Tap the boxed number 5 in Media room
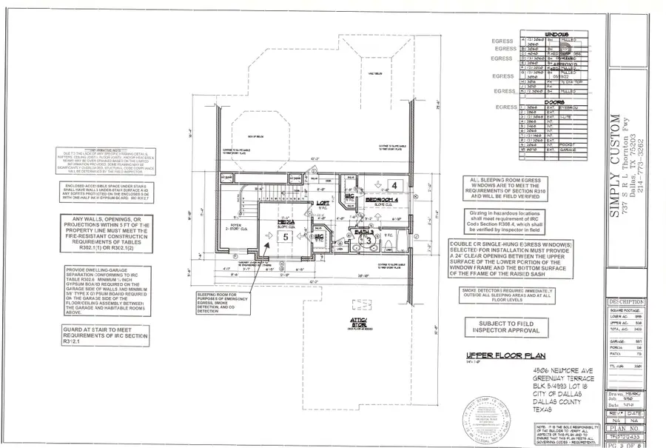286,237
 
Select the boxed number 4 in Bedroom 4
394,184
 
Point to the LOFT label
323,202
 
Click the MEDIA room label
286,221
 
